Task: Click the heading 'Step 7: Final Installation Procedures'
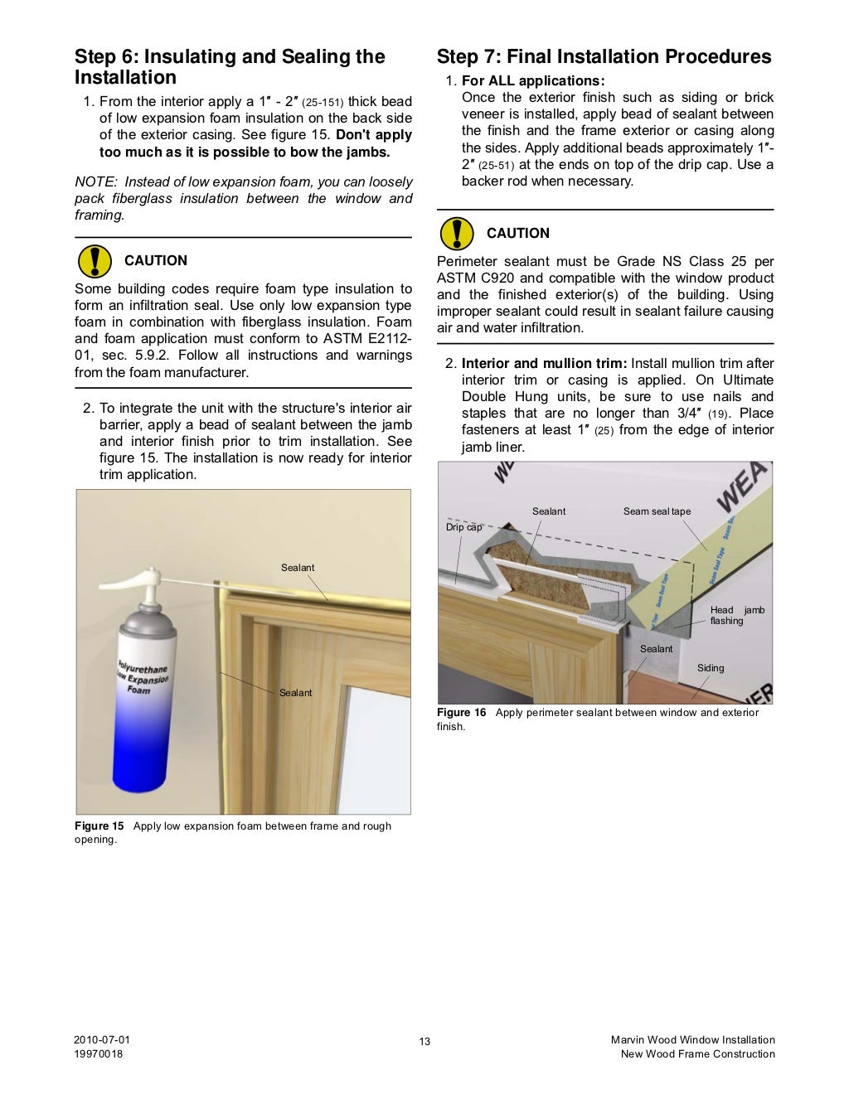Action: click(604, 57)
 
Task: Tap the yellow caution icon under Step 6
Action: click(94, 260)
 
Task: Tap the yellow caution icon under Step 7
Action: click(456, 233)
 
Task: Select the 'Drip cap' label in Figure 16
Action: click(463, 527)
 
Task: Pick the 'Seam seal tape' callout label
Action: click(657, 511)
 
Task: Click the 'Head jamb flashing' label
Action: click(736, 615)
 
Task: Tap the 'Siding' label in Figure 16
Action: click(710, 668)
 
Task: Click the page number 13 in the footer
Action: click(424, 1042)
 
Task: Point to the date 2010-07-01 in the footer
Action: click(102, 1040)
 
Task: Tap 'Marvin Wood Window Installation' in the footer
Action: click(692, 1040)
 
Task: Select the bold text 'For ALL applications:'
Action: click(533, 81)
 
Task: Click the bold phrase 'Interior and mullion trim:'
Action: click(544, 364)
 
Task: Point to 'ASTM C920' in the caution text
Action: click(469, 278)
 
